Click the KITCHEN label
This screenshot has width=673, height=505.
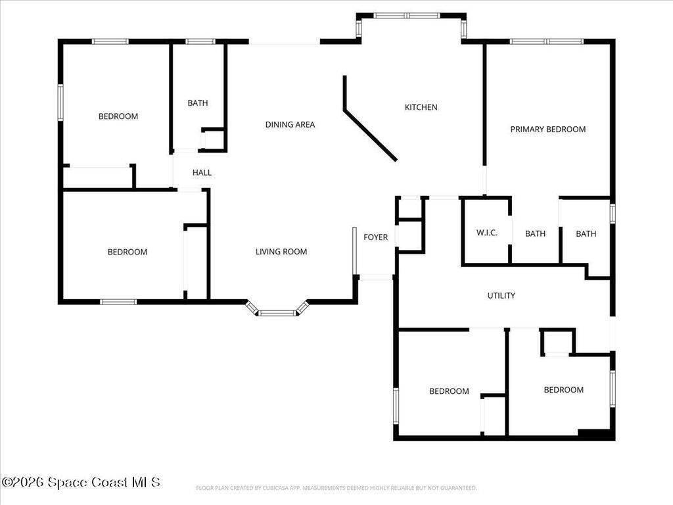click(421, 107)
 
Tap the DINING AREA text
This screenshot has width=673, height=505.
click(290, 124)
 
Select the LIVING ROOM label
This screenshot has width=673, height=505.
click(281, 252)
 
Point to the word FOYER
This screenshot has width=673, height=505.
click(375, 237)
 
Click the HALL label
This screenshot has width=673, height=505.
click(202, 173)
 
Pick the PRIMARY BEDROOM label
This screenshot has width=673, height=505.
click(548, 130)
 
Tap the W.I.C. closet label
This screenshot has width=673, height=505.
click(487, 233)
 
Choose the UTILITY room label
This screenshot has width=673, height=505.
click(501, 295)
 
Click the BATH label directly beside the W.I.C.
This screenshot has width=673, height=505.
click(535, 233)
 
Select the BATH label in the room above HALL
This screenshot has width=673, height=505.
click(197, 103)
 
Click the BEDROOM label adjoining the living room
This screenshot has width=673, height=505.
click(128, 252)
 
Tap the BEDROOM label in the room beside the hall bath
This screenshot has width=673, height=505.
click(118, 116)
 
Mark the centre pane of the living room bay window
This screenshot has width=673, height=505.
click(278, 313)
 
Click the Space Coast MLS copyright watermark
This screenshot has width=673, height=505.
click(81, 482)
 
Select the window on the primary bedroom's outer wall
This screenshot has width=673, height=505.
click(547, 41)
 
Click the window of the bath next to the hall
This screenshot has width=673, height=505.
click(200, 41)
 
